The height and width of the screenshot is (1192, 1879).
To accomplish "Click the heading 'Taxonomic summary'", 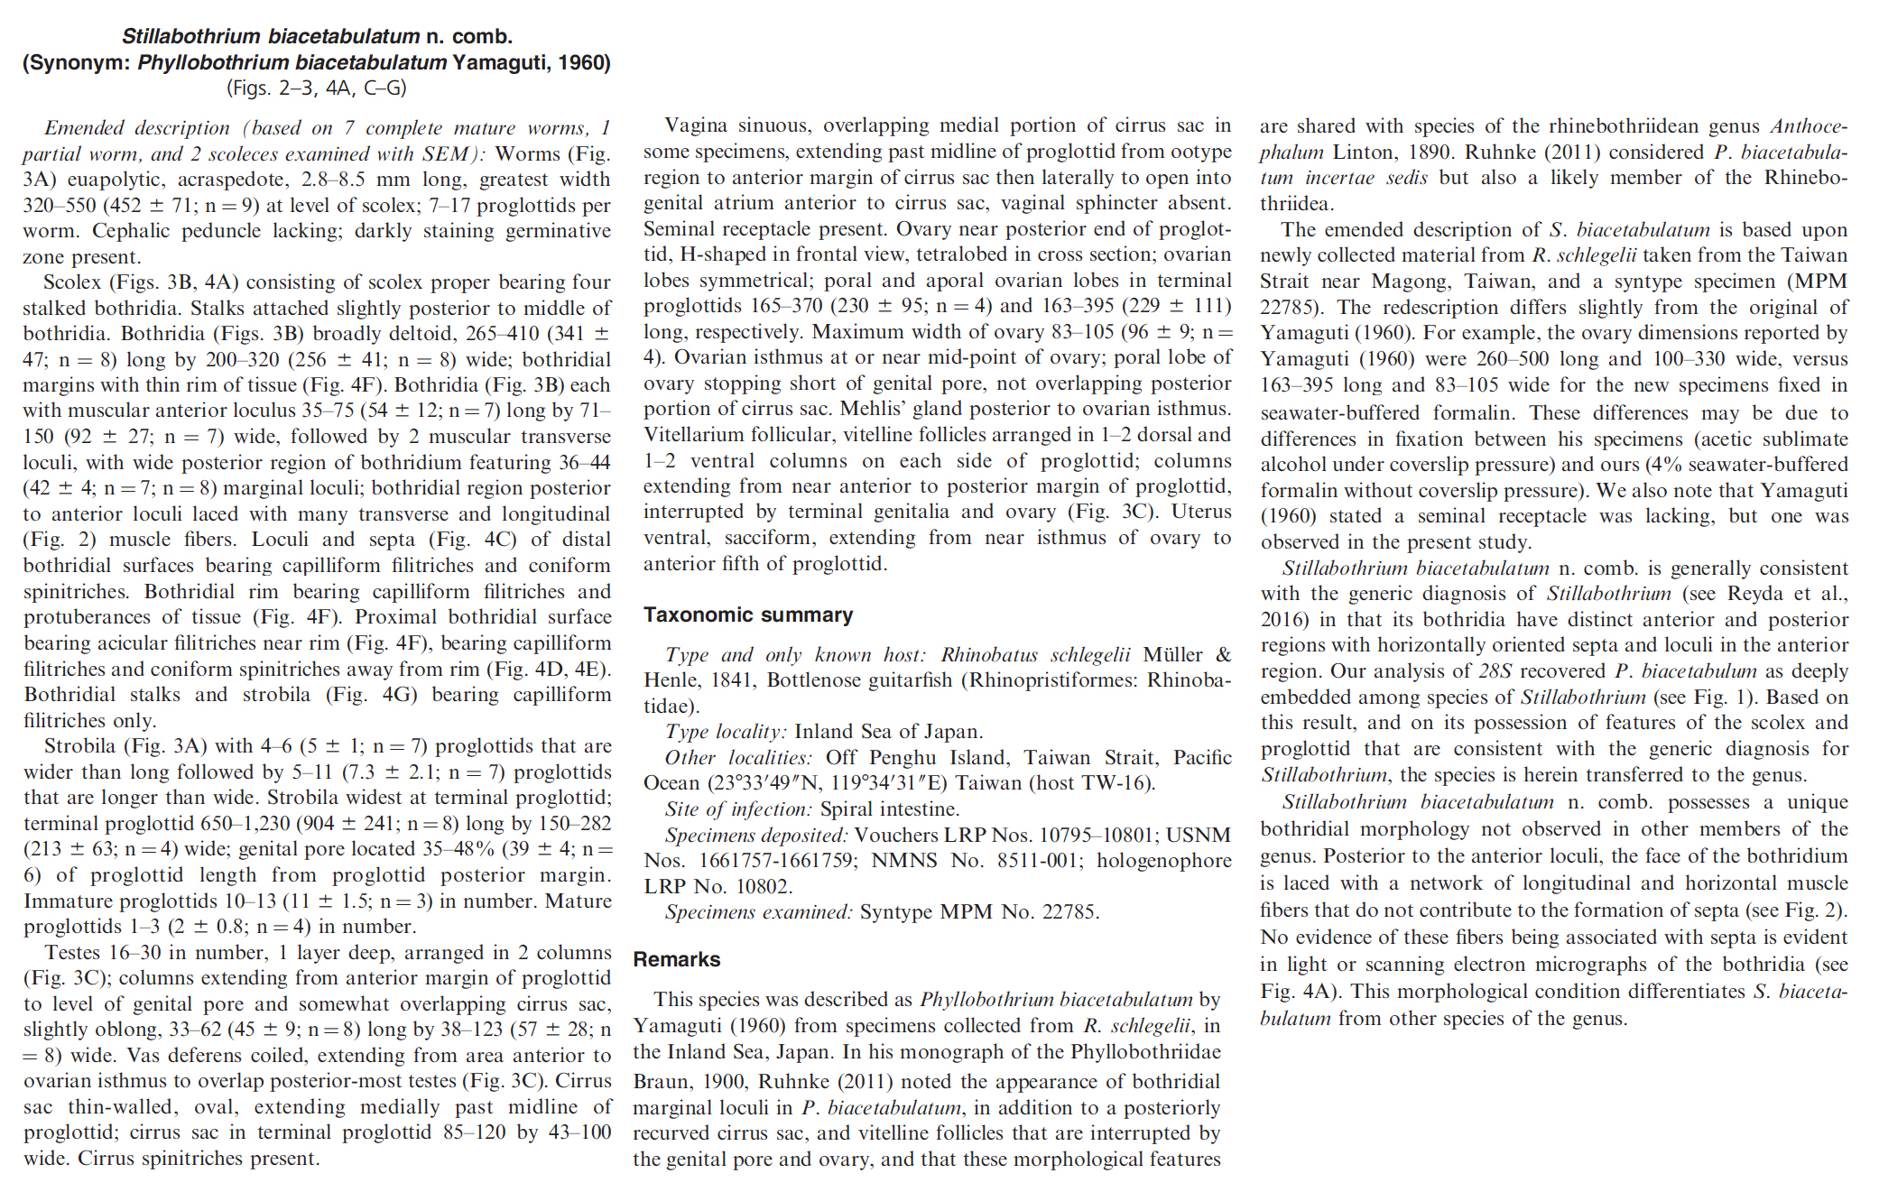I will [747, 615].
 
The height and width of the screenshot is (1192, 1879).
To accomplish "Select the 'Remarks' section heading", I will [676, 959].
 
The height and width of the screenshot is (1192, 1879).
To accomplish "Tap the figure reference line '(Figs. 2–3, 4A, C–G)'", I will [316, 88].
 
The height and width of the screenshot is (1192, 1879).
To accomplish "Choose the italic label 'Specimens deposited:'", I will [755, 835].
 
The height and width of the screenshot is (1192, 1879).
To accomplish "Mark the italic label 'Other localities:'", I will [738, 757].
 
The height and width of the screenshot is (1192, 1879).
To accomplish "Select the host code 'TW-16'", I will [1118, 782].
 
